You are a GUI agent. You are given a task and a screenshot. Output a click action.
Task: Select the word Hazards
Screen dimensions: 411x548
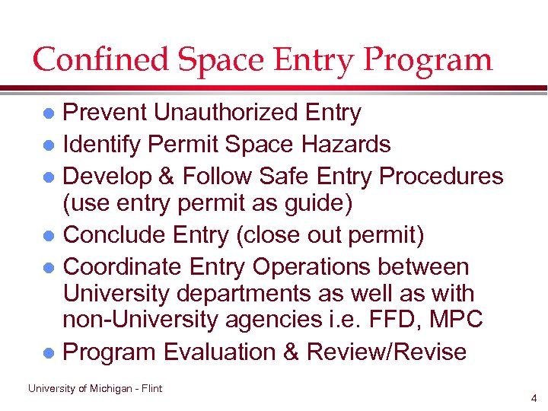point(347,145)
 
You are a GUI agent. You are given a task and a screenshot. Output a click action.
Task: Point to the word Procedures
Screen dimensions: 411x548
point(441,177)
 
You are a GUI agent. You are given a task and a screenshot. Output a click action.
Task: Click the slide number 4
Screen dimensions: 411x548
point(535,398)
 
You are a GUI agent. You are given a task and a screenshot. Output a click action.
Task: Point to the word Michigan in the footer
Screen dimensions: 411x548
point(113,389)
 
